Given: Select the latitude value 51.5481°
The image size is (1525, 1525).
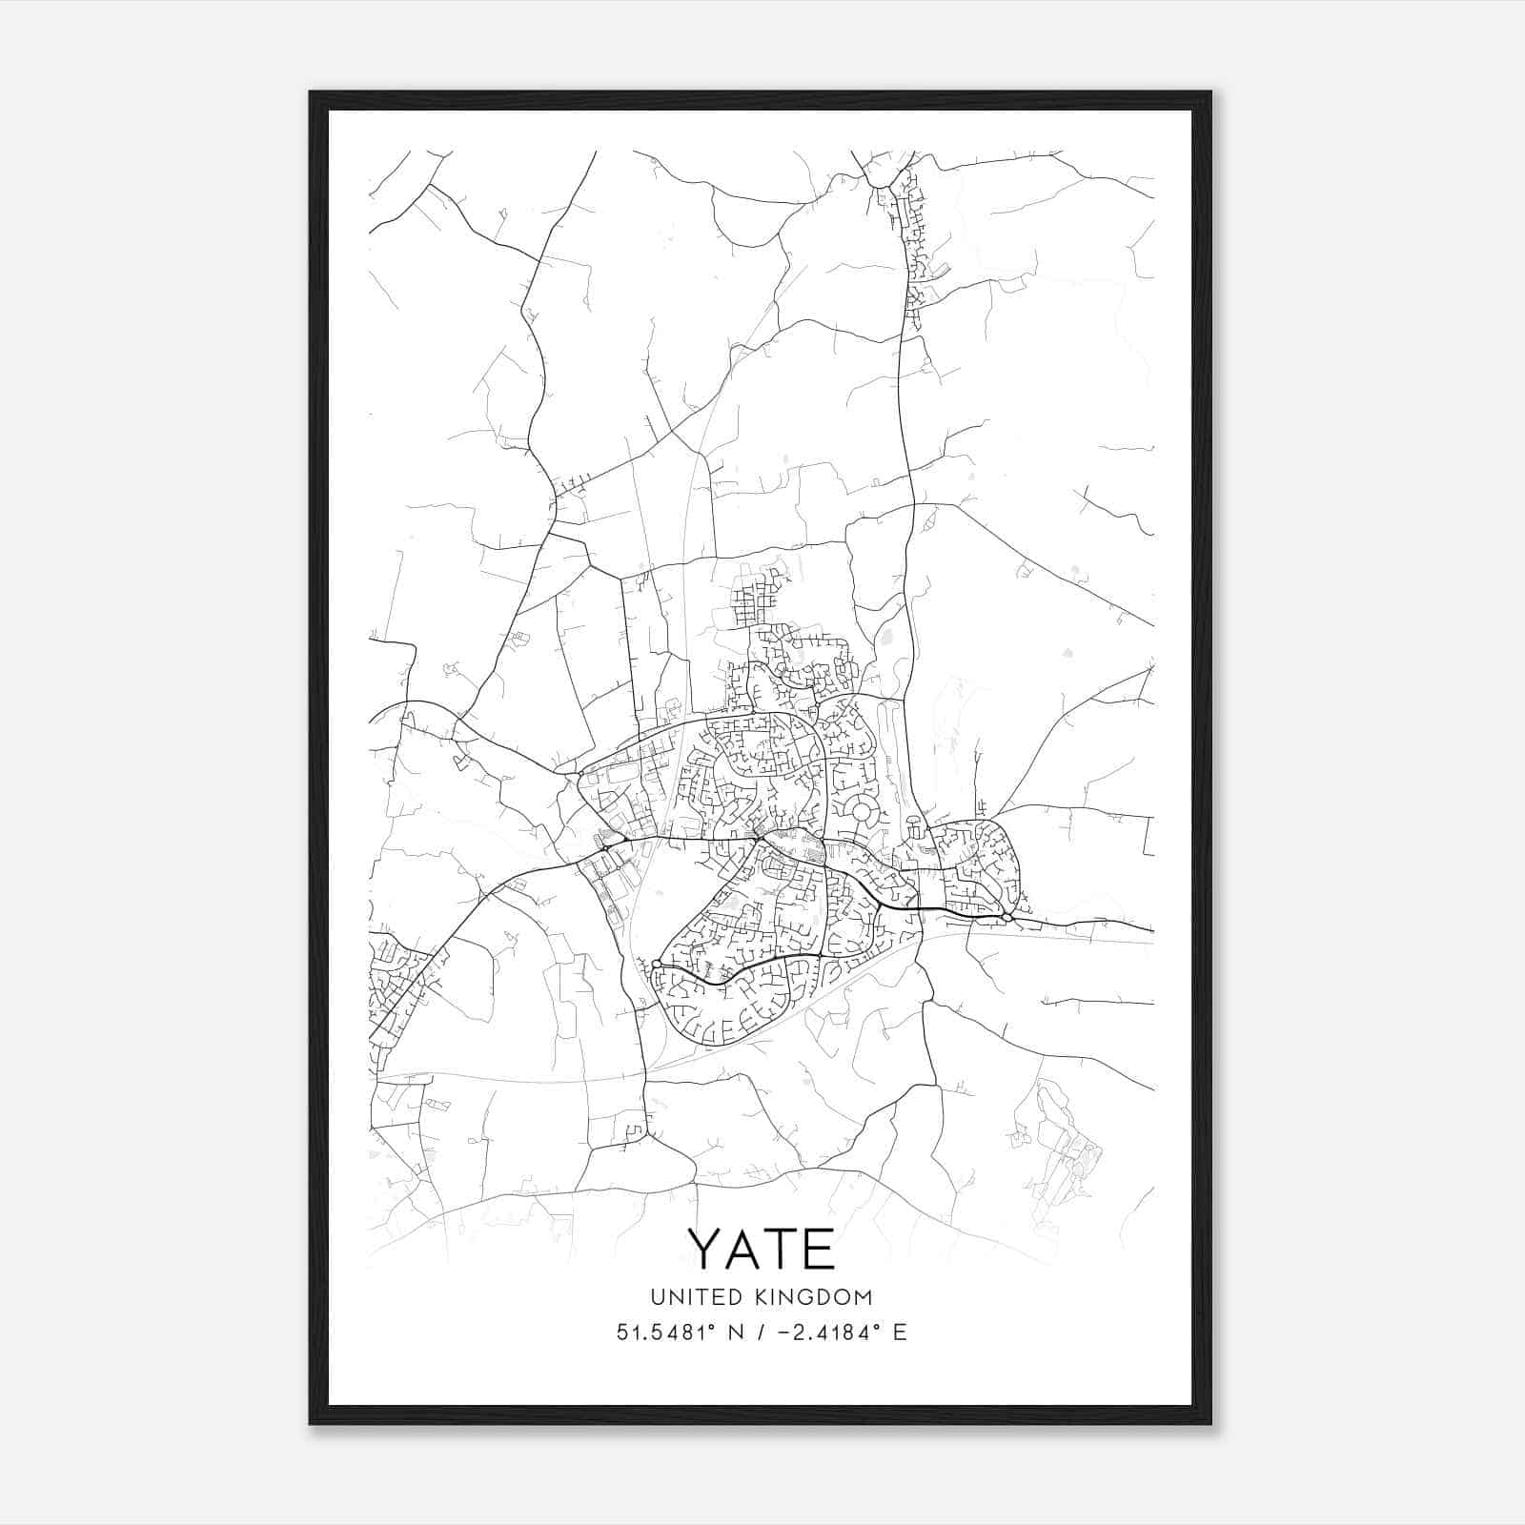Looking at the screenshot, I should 664,1332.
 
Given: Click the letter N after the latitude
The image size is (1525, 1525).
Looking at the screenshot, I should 735,1332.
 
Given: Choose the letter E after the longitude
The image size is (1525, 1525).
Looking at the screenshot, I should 900,1332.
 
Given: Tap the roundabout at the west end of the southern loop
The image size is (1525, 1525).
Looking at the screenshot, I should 657,965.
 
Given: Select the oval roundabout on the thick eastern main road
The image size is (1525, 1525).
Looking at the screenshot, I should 1007,917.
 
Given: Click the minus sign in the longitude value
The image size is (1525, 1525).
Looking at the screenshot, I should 784,1333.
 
